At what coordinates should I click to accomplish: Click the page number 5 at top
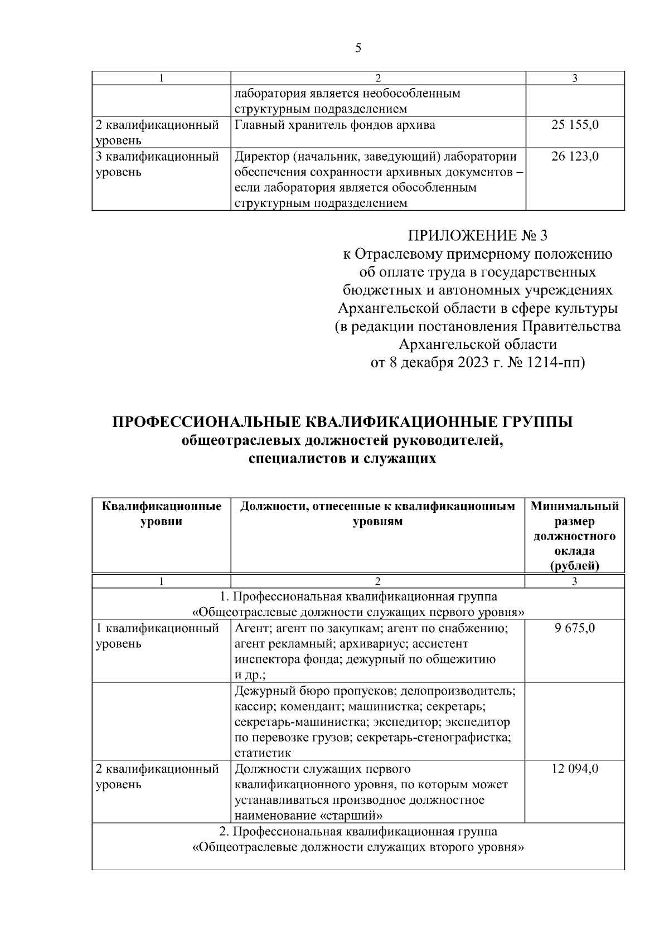(x=358, y=48)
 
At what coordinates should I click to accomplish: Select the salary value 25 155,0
(x=575, y=125)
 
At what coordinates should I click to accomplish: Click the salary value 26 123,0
(x=575, y=157)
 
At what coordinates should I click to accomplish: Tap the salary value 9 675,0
(x=575, y=629)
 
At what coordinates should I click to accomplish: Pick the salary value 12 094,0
(x=575, y=769)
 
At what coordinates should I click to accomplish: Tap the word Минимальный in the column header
(x=574, y=507)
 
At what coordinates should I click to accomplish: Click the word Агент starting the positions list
(x=250, y=629)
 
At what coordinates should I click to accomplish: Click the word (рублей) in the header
(x=574, y=566)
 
